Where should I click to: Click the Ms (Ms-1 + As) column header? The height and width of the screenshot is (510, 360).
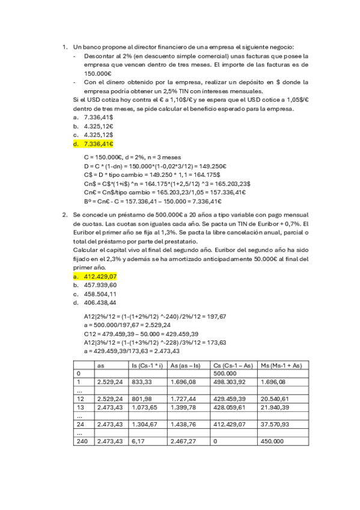point(282,364)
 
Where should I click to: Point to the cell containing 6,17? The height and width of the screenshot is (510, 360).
point(136,441)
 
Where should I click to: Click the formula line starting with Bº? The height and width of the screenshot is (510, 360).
point(153,201)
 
